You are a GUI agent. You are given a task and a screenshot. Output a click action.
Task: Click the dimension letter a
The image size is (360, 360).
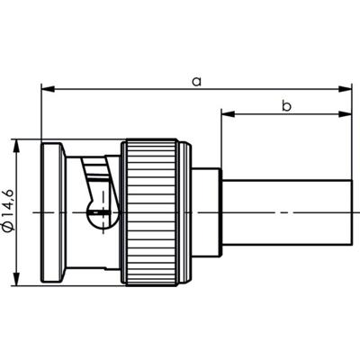(196, 81)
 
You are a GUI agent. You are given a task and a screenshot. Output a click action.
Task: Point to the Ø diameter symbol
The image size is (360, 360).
(9, 229)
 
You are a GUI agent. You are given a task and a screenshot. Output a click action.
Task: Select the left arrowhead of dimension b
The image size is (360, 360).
(226, 114)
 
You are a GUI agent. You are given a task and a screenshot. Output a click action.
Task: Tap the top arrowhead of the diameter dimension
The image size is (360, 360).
(18, 146)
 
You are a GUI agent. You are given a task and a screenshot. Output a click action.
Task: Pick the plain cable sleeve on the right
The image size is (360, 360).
(283, 211)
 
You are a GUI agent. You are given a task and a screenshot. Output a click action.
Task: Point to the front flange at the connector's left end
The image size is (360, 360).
(51, 211)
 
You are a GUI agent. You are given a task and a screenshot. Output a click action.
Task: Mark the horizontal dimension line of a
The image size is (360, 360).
(135, 89)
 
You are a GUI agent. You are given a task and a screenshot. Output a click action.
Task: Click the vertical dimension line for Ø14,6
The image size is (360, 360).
(18, 180)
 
